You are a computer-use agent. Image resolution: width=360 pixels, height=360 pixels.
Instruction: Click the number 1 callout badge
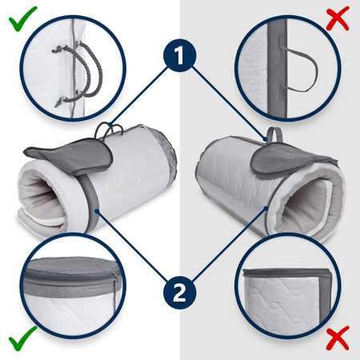[180, 55]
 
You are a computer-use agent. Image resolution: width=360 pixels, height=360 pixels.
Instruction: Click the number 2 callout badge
[180, 293]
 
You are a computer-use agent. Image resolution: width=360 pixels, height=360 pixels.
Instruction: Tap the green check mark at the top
[22, 18]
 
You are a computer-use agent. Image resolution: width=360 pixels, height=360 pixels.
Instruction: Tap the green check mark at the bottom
[22, 338]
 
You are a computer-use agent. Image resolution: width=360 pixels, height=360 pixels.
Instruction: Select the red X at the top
[338, 18]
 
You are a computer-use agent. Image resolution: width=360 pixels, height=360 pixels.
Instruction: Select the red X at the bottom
[338, 338]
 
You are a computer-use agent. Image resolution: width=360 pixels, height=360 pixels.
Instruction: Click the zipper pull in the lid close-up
[115, 285]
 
